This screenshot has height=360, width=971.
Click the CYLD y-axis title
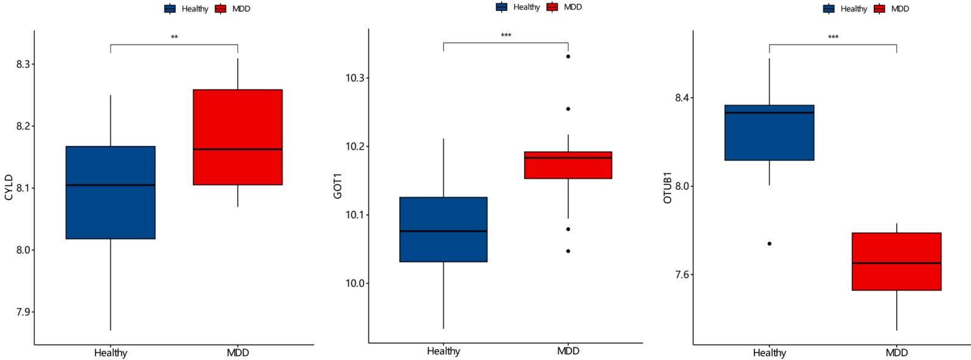[9, 187]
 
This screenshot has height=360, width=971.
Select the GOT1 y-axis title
[337, 186]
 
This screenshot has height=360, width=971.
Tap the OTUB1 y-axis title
[668, 187]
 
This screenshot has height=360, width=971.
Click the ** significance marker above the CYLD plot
[175, 38]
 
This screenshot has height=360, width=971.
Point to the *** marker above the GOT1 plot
[506, 36]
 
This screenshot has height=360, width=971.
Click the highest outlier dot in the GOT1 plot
[568, 57]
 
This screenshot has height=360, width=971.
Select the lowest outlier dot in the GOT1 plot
[568, 251]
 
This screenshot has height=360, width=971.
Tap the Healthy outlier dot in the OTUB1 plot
[769, 244]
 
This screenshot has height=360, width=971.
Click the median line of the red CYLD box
[238, 149]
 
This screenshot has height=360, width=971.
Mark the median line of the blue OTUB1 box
[769, 112]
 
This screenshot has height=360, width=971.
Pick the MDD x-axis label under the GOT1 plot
[568, 351]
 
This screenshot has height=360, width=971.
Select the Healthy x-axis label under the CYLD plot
[111, 353]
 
